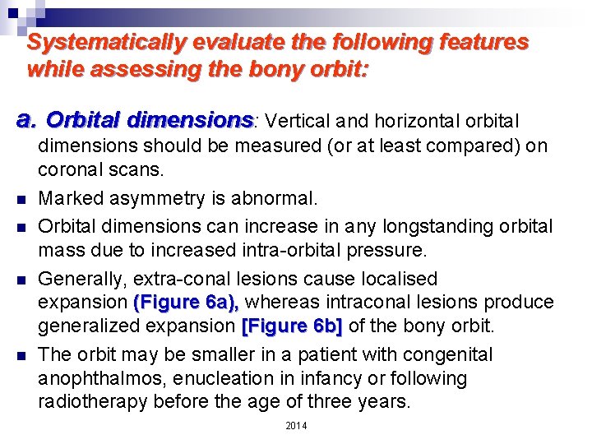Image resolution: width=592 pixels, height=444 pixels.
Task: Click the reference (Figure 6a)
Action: pos(185,303)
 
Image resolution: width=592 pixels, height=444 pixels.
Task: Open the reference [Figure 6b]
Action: pos(292,326)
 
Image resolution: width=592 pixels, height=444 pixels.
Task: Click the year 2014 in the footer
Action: pos(295,425)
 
